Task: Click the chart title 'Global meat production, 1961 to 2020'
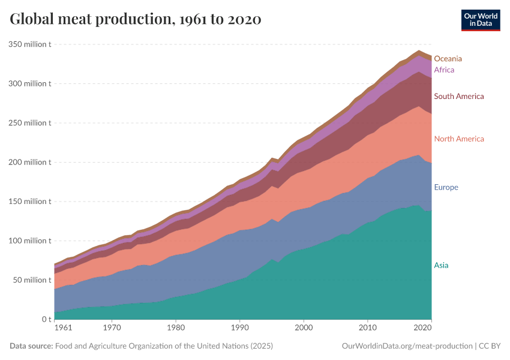(136, 19)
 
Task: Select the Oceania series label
(448, 59)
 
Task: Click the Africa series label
(444, 70)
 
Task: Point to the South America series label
(458, 96)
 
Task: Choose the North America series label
(458, 139)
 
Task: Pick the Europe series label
(446, 187)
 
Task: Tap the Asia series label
(441, 265)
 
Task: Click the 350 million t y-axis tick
(29, 44)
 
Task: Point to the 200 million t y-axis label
(29, 162)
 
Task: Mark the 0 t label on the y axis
(46, 319)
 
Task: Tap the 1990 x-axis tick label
(239, 329)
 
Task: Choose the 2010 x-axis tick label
(368, 329)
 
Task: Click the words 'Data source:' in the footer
(31, 346)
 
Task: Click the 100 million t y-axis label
(29, 241)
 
